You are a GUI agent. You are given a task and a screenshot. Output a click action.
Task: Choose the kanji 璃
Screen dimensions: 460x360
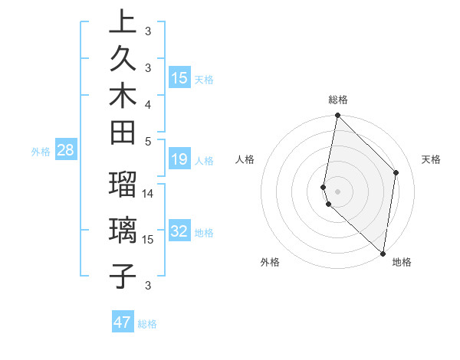[x=122, y=230]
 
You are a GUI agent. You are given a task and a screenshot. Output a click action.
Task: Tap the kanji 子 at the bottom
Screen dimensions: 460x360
[x=122, y=274]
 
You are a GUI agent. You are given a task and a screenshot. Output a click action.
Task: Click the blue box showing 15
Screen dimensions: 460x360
[x=179, y=77]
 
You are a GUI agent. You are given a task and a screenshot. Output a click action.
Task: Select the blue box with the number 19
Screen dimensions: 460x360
[x=179, y=160]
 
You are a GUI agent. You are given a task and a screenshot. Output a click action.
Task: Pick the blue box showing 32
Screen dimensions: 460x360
[x=179, y=232]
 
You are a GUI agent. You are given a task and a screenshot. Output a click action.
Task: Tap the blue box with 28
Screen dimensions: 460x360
[x=65, y=151]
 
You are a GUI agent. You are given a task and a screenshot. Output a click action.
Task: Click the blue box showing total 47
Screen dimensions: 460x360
[x=123, y=322]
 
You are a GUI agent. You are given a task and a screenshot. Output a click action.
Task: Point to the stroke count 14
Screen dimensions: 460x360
[x=149, y=193]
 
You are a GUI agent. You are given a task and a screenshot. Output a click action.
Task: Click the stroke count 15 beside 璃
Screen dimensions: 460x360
[x=149, y=239]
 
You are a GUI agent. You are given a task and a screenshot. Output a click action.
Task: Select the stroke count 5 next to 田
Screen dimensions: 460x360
[x=148, y=140]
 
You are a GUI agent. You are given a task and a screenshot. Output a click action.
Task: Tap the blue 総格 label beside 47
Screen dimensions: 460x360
[x=148, y=324]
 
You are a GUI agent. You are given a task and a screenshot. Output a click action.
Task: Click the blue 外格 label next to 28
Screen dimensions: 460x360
[x=41, y=152]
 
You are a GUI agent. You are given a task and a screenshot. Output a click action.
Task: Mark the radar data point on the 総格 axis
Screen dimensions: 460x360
[x=337, y=116]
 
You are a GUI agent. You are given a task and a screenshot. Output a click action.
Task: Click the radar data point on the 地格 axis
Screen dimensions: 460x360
[x=383, y=254]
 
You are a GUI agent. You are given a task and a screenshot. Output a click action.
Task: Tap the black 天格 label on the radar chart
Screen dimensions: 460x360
[x=431, y=159]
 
